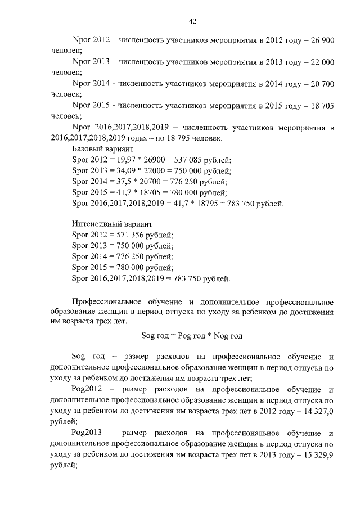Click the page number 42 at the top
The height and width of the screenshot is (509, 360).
point(192,22)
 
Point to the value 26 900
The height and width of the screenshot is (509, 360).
point(321,41)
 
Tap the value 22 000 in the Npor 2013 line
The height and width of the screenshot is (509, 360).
point(321,62)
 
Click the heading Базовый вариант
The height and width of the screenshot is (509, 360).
point(103,149)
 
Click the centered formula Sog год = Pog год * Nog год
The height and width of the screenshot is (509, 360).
point(192,336)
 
